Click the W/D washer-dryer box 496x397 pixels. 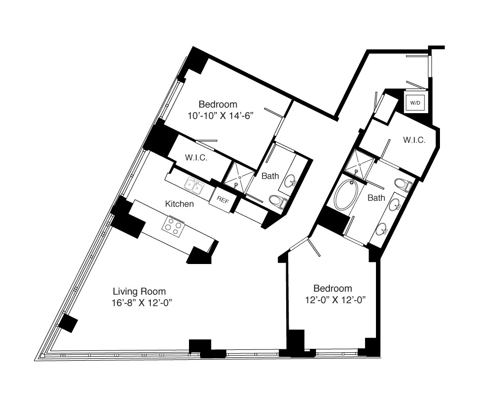pos(415,103)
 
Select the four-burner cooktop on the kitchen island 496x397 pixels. pos(173,226)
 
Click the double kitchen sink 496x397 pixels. pos(194,185)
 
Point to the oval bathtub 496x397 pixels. pos(346,195)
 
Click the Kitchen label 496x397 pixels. pos(180,204)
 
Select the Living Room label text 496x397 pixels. pos(139,291)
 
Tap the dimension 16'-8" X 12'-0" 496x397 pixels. pos(142,303)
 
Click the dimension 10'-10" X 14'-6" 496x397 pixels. pos(221,116)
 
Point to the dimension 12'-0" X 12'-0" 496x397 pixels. pos(335,300)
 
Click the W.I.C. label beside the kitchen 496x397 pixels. pos(196,158)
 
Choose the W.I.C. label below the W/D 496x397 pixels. pos(414,140)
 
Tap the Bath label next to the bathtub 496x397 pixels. pos(376,198)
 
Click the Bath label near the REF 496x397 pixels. pos(270,176)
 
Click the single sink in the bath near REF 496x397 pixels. pos(290,181)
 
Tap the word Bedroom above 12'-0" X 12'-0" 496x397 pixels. pos(332,288)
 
